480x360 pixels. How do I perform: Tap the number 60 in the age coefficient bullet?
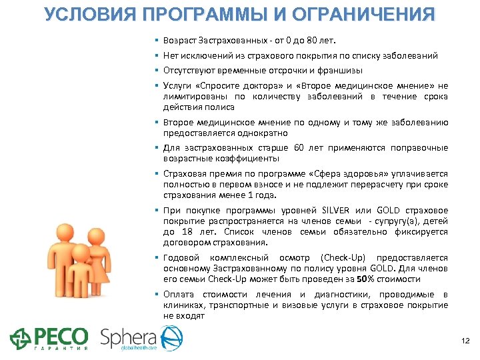tap(299, 147)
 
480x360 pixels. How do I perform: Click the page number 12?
tap(465, 341)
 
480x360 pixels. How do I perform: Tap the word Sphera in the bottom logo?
tap(129, 337)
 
